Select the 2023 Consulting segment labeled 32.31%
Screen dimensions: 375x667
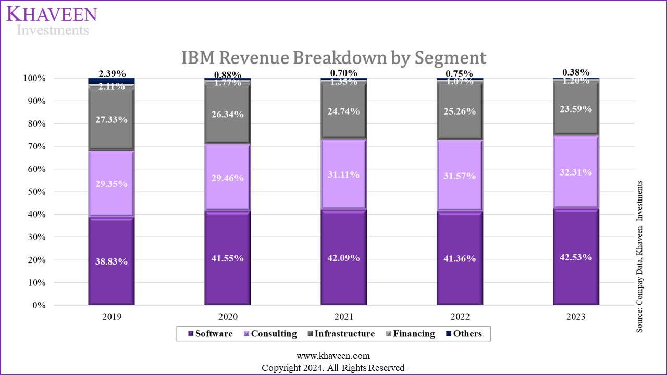point(576,172)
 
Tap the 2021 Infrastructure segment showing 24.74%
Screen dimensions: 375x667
point(343,111)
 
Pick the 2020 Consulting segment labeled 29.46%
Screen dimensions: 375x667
point(227,177)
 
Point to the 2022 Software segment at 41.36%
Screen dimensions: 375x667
point(460,258)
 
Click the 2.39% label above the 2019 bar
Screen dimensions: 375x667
point(112,73)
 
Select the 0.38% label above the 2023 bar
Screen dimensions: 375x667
point(576,72)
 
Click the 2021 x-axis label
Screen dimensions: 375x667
point(343,317)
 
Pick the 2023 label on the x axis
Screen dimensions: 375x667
point(576,317)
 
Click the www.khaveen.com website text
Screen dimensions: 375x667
point(333,356)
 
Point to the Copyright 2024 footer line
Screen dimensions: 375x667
point(333,368)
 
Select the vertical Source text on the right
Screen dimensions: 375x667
point(640,257)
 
